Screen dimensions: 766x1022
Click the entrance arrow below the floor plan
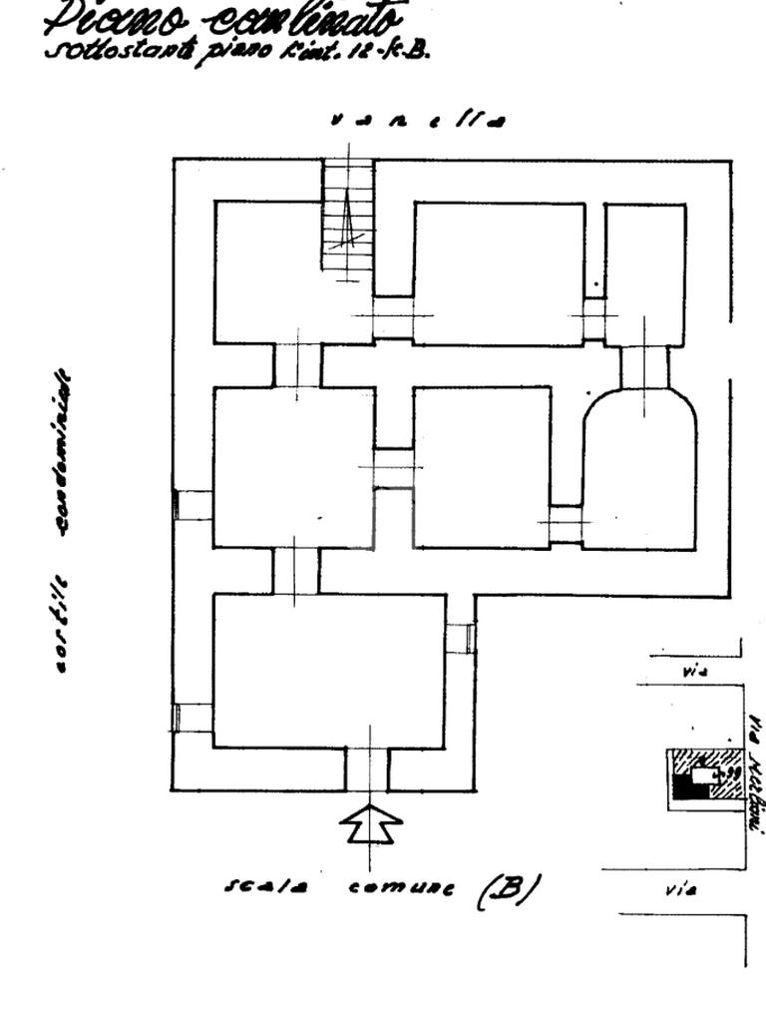click(370, 824)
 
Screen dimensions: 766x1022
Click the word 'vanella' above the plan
click(418, 121)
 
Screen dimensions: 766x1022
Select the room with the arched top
click(639, 469)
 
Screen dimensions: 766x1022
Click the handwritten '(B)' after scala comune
click(509, 890)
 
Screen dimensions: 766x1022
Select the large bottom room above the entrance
click(329, 671)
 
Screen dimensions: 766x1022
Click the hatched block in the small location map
click(710, 773)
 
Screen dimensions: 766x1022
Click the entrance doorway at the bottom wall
click(368, 768)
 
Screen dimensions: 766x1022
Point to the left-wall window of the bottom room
click(191, 718)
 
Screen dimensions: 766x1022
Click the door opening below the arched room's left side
click(566, 524)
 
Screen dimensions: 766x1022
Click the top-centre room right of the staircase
click(499, 272)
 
